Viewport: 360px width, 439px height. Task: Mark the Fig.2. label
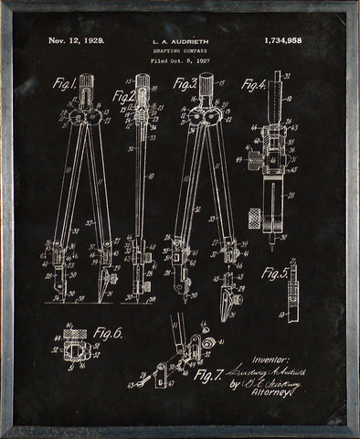[x=124, y=93]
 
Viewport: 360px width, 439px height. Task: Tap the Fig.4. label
[x=254, y=85]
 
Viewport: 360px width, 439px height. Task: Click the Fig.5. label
[x=274, y=273]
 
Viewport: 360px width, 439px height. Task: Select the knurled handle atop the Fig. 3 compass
[x=207, y=86]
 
